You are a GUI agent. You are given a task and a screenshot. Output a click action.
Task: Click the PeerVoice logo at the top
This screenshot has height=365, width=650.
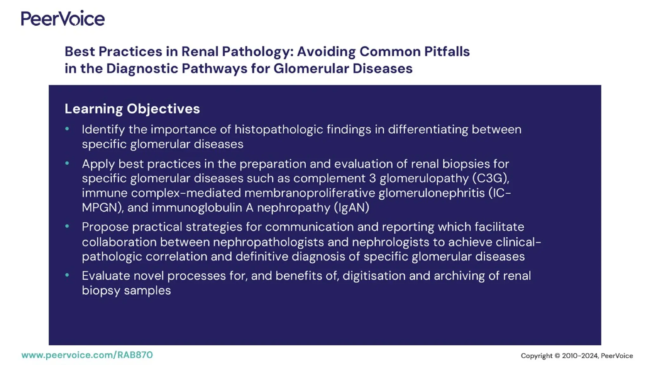(63, 18)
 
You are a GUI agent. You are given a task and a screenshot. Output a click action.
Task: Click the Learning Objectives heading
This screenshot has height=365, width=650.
(132, 109)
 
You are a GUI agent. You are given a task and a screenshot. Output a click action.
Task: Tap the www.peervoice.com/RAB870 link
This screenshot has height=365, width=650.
(87, 355)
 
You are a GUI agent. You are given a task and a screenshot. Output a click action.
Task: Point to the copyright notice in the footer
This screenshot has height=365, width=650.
(577, 356)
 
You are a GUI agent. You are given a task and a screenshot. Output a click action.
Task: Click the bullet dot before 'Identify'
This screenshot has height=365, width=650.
(67, 129)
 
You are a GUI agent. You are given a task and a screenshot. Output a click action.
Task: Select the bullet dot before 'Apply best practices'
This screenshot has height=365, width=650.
(67, 163)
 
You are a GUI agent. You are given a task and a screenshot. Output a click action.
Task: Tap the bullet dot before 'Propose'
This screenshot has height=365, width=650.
(67, 227)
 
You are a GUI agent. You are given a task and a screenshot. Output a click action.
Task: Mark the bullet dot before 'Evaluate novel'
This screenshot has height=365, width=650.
(67, 275)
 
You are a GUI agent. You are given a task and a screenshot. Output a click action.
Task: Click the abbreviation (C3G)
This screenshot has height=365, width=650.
(490, 178)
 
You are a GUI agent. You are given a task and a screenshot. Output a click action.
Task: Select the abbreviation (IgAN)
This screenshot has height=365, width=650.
(351, 208)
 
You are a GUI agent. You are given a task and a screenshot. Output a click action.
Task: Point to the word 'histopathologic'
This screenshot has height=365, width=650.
(279, 130)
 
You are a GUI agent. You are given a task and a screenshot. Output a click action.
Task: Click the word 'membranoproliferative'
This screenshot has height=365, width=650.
(309, 193)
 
